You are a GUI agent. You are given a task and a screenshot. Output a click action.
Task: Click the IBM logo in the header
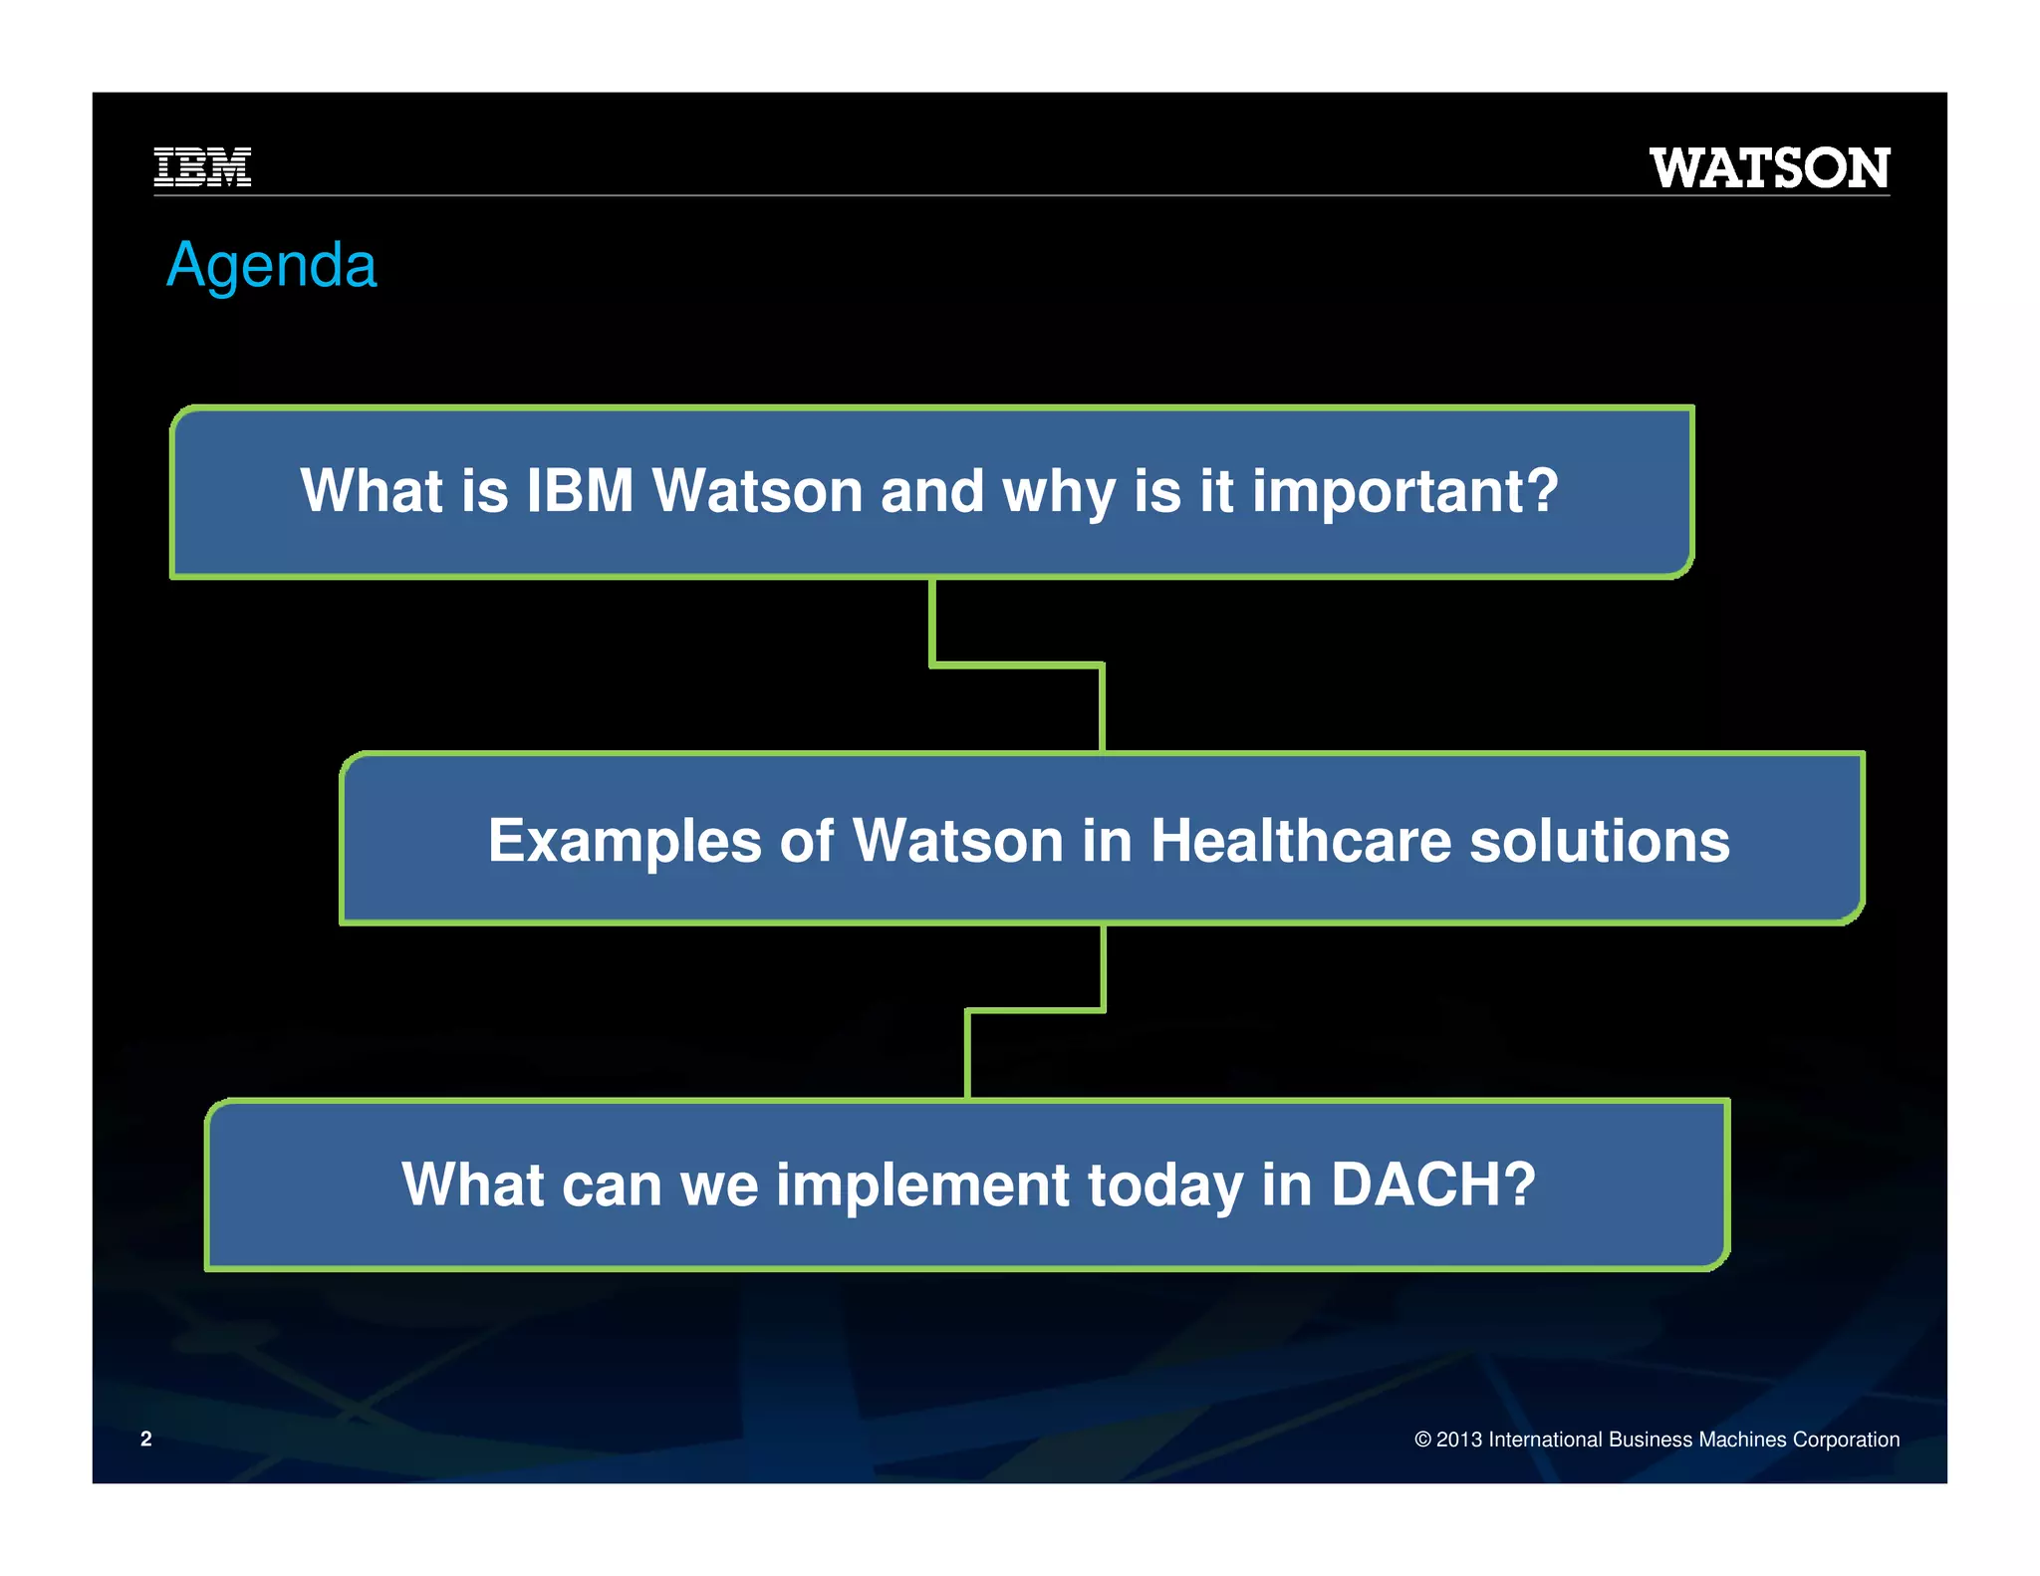(202, 166)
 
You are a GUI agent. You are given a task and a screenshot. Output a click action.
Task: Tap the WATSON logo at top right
(1769, 167)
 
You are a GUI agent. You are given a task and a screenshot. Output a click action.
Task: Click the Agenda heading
(271, 265)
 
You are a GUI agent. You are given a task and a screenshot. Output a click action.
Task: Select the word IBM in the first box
(580, 491)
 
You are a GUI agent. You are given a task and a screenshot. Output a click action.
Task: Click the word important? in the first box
(1404, 491)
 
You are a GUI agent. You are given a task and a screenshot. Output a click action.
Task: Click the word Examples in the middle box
(625, 841)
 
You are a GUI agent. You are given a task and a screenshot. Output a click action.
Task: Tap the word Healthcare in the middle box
(1301, 841)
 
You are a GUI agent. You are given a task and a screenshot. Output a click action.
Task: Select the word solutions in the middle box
(1600, 841)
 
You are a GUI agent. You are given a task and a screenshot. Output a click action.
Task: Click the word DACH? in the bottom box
(1433, 1184)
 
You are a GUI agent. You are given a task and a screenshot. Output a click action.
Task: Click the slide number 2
(146, 1439)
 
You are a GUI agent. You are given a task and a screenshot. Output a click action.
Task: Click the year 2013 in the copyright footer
(1458, 1440)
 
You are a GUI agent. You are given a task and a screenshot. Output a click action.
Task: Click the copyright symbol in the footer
(1422, 1440)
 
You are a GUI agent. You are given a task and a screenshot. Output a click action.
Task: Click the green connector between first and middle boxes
(1016, 663)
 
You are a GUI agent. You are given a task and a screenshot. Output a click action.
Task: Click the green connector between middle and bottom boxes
(1036, 1010)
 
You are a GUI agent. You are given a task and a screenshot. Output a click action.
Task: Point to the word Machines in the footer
(1743, 1440)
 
